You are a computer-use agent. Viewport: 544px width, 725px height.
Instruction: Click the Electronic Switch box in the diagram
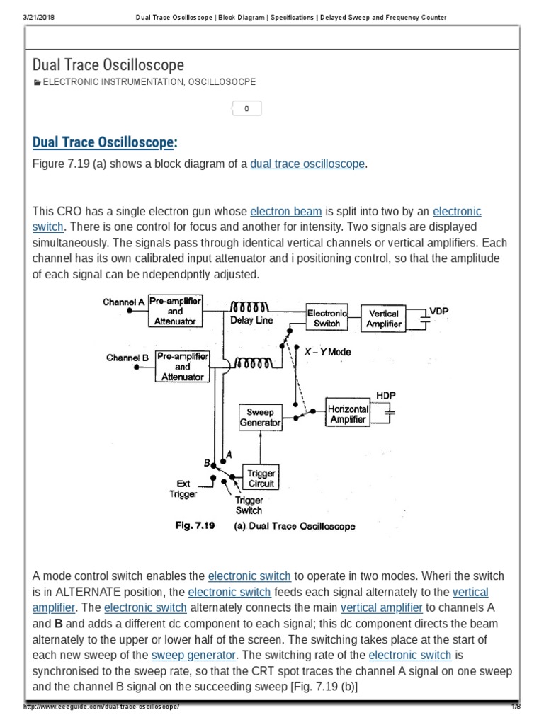click(x=327, y=318)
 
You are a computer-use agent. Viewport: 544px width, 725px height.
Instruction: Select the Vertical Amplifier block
click(x=384, y=318)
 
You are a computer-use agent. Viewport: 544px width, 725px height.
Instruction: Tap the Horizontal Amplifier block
click(x=348, y=413)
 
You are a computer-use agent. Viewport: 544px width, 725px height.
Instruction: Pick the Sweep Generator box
click(x=260, y=417)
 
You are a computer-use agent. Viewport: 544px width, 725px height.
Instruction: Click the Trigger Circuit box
click(x=261, y=479)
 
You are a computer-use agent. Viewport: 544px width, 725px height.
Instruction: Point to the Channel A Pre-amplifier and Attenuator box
click(x=175, y=312)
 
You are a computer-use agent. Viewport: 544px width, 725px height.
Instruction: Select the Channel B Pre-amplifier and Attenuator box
click(x=182, y=367)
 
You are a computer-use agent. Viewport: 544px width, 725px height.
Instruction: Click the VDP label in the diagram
click(x=439, y=312)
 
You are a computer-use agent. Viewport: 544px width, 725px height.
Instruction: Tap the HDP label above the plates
click(x=386, y=394)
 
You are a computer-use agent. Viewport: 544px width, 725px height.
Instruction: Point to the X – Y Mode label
click(x=327, y=352)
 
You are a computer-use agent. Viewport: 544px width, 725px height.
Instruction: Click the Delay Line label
click(x=251, y=321)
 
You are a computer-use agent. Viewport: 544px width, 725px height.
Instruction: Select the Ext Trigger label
click(x=183, y=489)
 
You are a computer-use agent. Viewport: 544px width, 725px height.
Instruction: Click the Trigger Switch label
click(x=249, y=505)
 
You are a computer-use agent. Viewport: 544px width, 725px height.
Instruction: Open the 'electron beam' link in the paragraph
click(x=286, y=211)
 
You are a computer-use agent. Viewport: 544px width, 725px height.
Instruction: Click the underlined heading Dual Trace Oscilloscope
click(x=103, y=142)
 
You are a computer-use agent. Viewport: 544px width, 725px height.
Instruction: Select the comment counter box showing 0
click(x=246, y=109)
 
